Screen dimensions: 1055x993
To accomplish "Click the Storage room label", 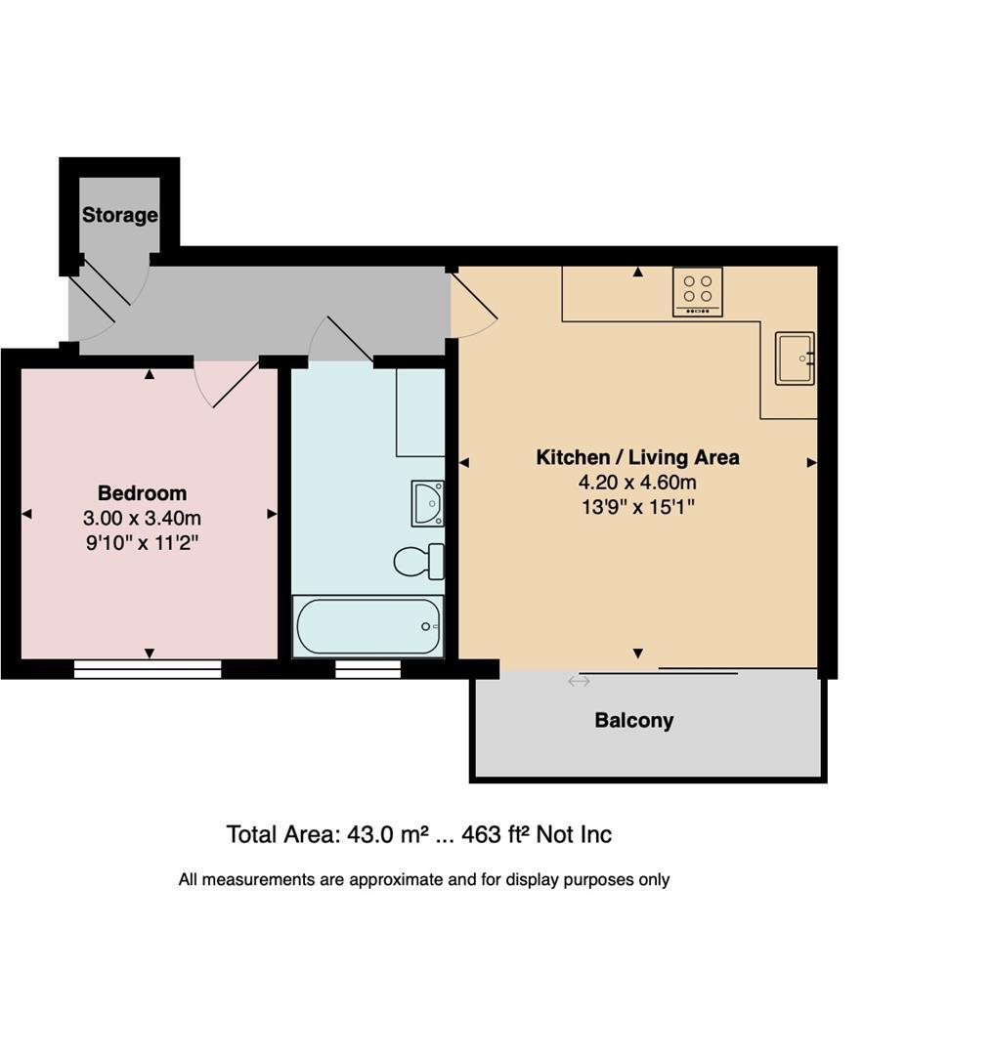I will point(119,215).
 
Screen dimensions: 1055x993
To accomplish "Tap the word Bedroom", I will point(142,493).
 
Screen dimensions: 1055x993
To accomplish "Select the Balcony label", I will point(634,721).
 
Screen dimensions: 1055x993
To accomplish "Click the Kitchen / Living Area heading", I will point(637,457).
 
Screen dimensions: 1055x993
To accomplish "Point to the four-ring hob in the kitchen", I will point(698,290).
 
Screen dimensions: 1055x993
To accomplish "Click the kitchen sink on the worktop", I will point(795,359).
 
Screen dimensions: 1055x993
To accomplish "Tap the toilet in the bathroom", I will point(419,562).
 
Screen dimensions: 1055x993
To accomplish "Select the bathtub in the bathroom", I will point(368,626).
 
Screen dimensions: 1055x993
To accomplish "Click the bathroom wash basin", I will point(427,502).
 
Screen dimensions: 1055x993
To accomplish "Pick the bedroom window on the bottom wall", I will point(149,669).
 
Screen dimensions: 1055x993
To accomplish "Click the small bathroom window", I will point(368,669).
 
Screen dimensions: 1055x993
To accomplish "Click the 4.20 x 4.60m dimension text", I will point(637,483).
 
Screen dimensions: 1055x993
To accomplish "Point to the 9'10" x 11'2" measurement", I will point(142,543).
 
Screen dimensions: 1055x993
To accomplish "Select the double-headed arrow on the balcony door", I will point(579,681).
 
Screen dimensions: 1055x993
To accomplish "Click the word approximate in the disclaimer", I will point(396,879).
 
